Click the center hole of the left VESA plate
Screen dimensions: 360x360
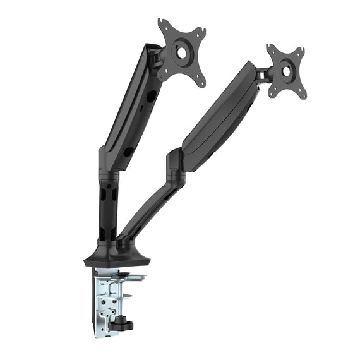[181, 53]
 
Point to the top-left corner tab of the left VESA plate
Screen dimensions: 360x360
[162, 25]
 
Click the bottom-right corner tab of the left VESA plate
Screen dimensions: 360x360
[201, 83]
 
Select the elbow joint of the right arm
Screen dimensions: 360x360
[176, 165]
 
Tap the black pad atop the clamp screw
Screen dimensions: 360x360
[126, 276]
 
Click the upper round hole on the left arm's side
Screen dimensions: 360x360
[152, 94]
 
